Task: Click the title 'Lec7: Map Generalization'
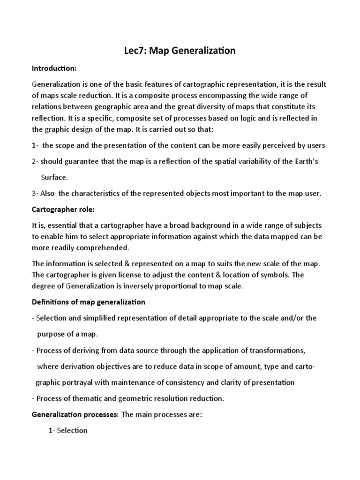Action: (x=180, y=51)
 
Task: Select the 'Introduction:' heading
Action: (x=54, y=68)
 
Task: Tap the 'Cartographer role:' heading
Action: (x=63, y=209)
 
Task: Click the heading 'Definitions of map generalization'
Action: (x=88, y=302)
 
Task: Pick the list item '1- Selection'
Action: (x=68, y=430)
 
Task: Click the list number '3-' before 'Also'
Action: (x=35, y=194)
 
